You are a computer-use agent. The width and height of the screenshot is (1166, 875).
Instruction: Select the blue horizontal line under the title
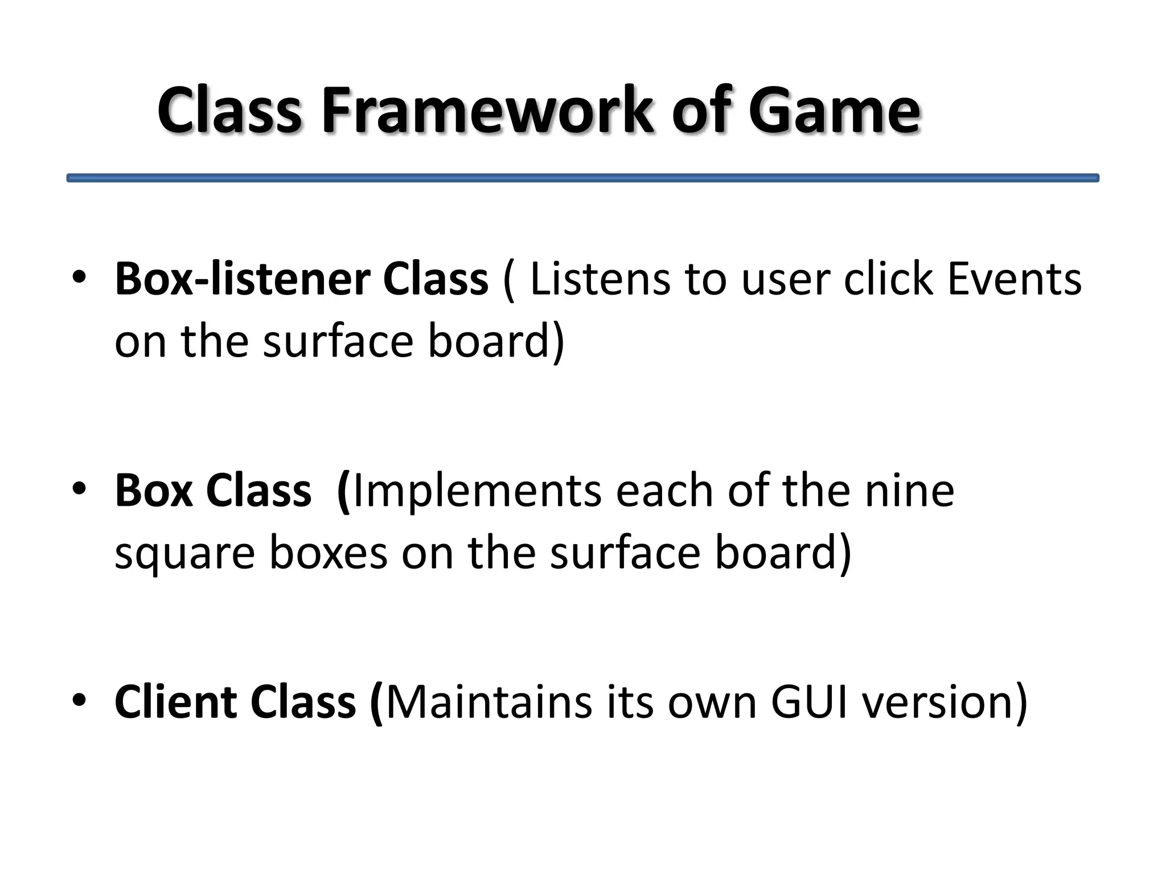(x=582, y=178)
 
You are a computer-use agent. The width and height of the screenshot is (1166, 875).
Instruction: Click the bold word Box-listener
(x=241, y=280)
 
